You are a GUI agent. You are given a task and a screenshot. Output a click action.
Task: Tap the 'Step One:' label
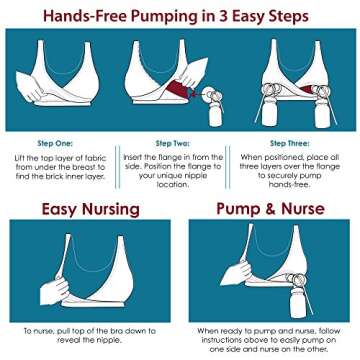[61, 143]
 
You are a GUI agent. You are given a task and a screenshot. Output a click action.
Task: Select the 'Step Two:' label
[177, 143]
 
